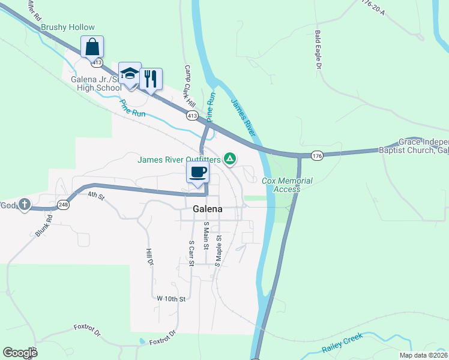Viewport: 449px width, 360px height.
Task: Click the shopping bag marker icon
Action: [x=92, y=46]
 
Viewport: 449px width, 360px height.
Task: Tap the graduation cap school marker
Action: [x=130, y=73]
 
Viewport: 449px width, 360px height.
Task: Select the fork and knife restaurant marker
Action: [x=151, y=77]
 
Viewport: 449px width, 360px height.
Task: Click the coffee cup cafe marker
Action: [x=197, y=172]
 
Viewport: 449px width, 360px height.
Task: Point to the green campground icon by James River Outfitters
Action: [x=229, y=159]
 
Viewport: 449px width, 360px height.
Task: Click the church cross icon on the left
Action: [x=24, y=205]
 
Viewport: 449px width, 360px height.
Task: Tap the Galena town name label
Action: [x=208, y=209]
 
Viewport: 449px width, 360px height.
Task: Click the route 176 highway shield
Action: [x=318, y=156]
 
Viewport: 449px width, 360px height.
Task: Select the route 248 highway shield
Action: [x=63, y=205]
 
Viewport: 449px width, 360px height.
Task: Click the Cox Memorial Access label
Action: [x=287, y=185]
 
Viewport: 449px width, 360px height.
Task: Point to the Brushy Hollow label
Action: [x=68, y=28]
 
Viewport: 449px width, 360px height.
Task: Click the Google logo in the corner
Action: [x=20, y=353]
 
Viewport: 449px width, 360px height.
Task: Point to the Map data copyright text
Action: [x=423, y=355]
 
